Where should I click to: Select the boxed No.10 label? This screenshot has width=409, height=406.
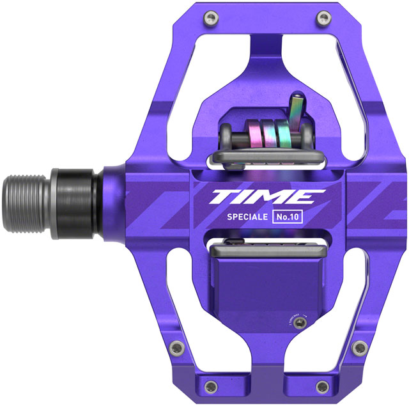click(x=288, y=216)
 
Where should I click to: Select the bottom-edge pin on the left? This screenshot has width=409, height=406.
click(x=208, y=384)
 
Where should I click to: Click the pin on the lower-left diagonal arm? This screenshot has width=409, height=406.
click(x=180, y=348)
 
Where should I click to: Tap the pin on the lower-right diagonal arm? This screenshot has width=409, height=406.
click(x=360, y=348)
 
